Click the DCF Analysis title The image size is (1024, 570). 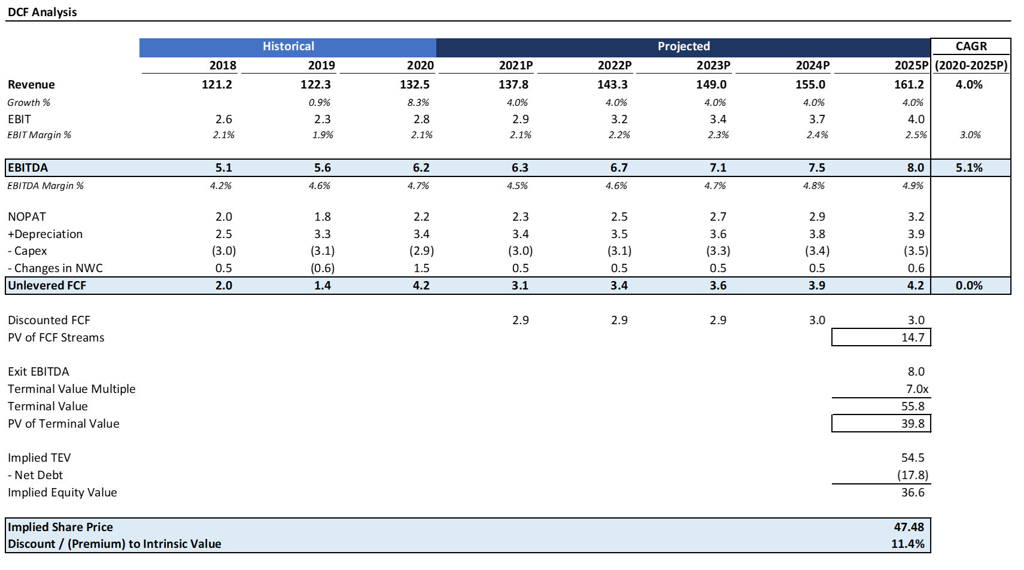(42, 12)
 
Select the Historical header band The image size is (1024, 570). (288, 47)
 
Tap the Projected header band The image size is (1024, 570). (683, 47)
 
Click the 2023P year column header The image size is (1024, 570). (713, 65)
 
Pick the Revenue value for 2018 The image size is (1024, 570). (217, 84)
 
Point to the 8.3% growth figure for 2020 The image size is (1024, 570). (418, 102)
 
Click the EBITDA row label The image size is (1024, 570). (28, 167)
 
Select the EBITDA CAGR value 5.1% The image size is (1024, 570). (969, 167)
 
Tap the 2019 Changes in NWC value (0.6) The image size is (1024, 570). (323, 268)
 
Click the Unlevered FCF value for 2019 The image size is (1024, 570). (323, 285)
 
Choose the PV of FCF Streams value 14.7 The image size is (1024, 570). (913, 337)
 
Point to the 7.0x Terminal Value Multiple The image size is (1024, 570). (917, 389)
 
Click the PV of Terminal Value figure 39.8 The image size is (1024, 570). (913, 423)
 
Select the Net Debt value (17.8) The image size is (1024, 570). (913, 475)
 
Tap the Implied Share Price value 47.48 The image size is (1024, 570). (908, 527)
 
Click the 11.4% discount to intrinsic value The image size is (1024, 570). (908, 544)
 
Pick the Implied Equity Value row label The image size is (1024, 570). (62, 492)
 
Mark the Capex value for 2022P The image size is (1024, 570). (619, 251)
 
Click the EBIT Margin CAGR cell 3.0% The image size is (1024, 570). (970, 135)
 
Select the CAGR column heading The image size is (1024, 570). (971, 47)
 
